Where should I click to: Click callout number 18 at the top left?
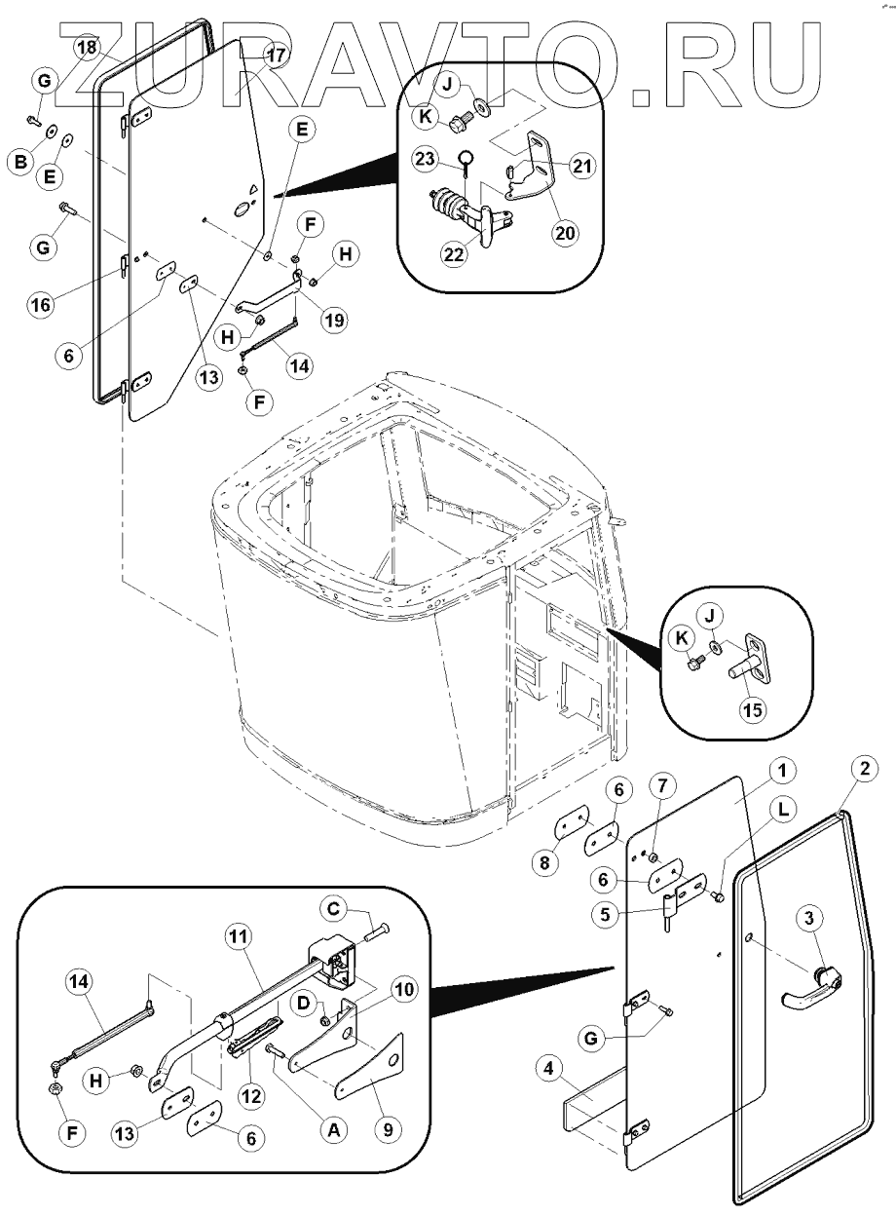[x=87, y=47]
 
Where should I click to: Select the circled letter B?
[x=19, y=164]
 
